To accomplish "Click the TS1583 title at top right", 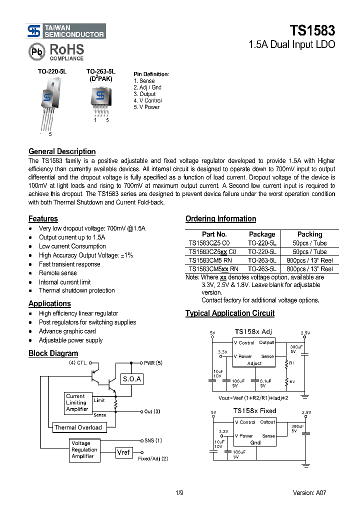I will coord(312,30).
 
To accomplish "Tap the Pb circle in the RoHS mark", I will coord(36,51).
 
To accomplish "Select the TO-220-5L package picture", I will coord(48,102).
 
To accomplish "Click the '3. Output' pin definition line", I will coord(144,94).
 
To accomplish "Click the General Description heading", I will coord(62,151).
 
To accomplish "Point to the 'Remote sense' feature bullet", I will coord(58,273).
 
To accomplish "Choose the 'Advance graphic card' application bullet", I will coord(67,331).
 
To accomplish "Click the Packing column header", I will coord(309,234).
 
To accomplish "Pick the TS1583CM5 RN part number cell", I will coord(210,260).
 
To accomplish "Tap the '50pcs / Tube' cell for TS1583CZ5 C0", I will coord(309,243).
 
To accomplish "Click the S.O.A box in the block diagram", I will coord(132,379).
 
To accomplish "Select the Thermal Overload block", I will coord(78,427).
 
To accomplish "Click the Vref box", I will coord(123,452).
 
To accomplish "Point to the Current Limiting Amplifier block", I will coord(77,402).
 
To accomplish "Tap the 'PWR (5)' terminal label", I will coord(153,363).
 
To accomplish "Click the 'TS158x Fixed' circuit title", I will coord(254,410).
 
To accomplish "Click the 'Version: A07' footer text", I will coord(309,492).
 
